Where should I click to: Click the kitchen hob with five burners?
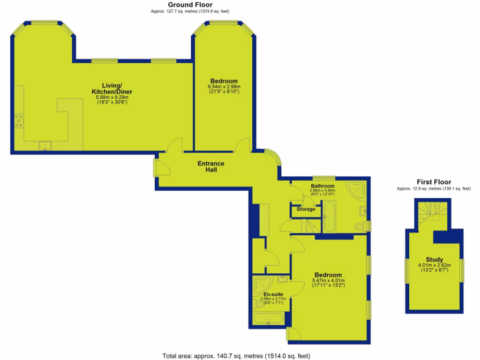[x=19, y=121]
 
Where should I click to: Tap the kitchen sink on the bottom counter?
[x=45, y=146]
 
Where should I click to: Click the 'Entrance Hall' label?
[x=210, y=166]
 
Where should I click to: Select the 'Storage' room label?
[x=306, y=209]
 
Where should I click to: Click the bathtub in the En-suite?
[x=268, y=321]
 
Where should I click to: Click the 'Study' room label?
[x=434, y=260]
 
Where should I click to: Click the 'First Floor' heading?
[x=434, y=182]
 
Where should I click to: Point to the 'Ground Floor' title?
[x=190, y=4]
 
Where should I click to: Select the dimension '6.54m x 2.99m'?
[x=224, y=87]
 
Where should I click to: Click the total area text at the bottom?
[x=236, y=356]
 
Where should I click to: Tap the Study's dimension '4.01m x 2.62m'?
[x=434, y=265]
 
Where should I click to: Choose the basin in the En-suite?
[x=283, y=280]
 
